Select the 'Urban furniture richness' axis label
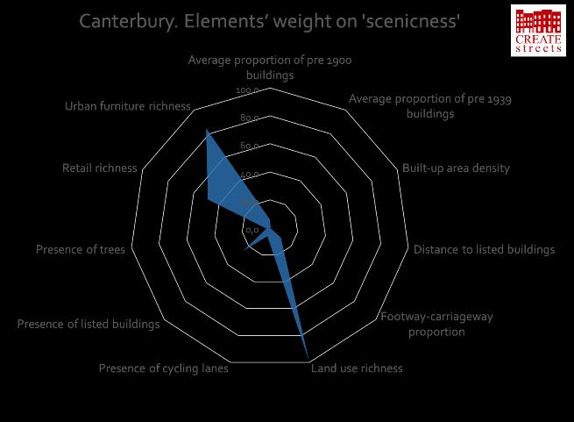point(127,106)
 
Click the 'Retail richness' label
point(99,168)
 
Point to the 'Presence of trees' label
point(80,249)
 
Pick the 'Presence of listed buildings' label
point(89,325)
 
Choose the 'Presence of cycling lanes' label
point(164,368)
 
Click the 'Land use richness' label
point(358,368)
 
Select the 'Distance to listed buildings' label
point(484,249)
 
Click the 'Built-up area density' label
point(456,168)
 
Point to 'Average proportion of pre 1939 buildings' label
point(430,106)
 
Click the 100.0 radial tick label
point(248,91)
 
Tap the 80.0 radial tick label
point(248,118)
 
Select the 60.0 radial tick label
point(248,147)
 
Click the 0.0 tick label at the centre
point(251,230)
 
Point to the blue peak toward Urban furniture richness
point(207,131)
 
